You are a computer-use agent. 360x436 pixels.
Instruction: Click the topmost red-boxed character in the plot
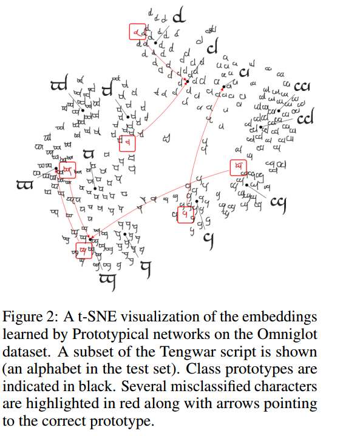click(x=138, y=32)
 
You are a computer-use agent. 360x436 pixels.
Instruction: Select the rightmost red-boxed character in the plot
click(x=239, y=166)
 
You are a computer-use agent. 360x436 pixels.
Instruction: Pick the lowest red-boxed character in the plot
click(x=84, y=250)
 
